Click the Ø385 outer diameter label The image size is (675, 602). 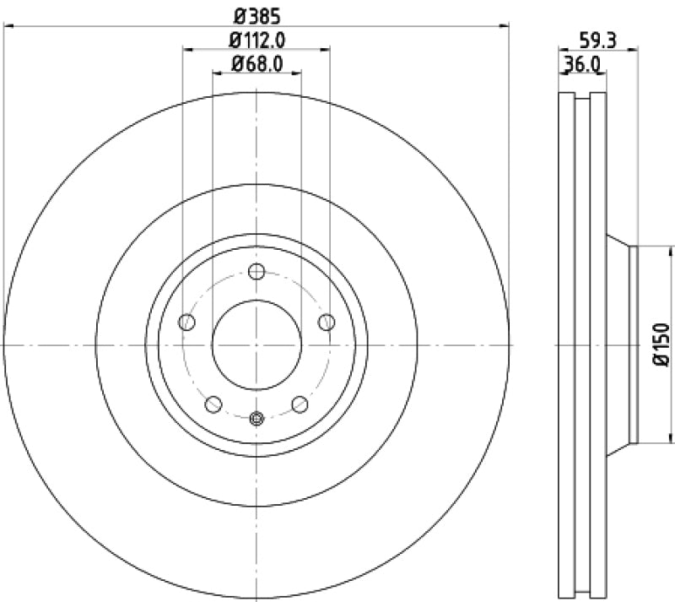pyautogui.click(x=256, y=14)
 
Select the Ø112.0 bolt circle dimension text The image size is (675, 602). pyautogui.click(x=256, y=39)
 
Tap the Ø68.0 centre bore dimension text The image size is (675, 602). pyautogui.click(x=256, y=62)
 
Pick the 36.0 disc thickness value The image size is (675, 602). pyautogui.click(x=582, y=63)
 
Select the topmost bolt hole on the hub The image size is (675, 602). pyautogui.click(x=257, y=271)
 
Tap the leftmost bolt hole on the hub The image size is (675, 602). pyautogui.click(x=187, y=322)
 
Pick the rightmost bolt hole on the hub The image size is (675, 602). pyautogui.click(x=327, y=322)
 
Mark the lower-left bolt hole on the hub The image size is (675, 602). pyautogui.click(x=213, y=404)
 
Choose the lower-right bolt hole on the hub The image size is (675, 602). pyautogui.click(x=300, y=404)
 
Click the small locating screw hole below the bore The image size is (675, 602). pyautogui.click(x=257, y=417)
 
